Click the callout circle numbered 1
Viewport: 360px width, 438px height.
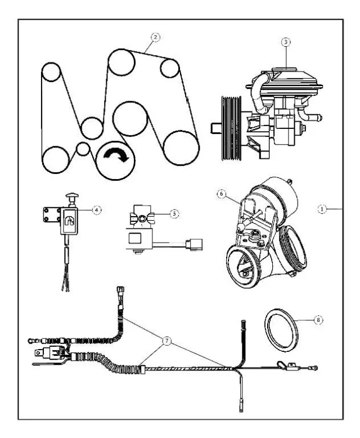coord(322,208)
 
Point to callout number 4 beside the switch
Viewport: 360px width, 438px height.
coord(97,209)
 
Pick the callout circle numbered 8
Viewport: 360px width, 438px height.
coord(319,319)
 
